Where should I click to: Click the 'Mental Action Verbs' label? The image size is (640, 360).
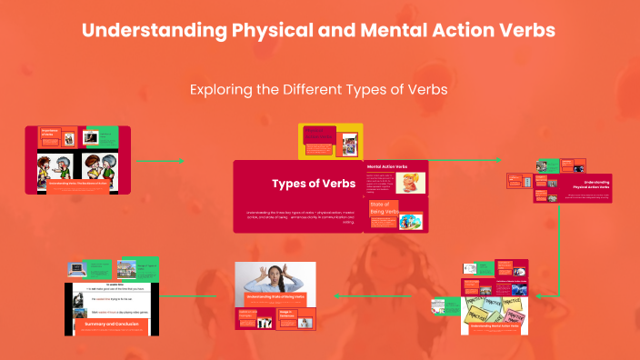tap(387, 167)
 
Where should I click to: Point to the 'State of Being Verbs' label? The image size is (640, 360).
tap(383, 208)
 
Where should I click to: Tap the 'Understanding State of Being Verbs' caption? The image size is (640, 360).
tap(275, 297)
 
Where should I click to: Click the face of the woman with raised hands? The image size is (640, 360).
tap(274, 272)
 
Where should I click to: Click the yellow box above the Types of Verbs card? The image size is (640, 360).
tap(331, 141)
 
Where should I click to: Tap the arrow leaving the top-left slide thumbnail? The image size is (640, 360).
tap(159, 161)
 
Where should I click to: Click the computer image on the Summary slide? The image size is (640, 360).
tap(77, 270)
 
